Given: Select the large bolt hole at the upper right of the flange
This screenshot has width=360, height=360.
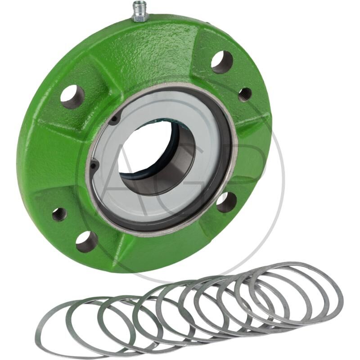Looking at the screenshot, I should [x=222, y=62].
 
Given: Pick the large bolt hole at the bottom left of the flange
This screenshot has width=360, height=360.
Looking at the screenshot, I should [x=86, y=242].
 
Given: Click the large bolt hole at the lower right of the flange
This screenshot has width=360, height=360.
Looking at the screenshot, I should [x=226, y=202].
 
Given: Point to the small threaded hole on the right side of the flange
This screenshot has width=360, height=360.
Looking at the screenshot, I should [x=245, y=94].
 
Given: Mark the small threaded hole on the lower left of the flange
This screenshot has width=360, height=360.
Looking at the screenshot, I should [x=59, y=214].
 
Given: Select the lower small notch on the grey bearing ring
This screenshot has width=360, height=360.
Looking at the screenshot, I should [x=94, y=166].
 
